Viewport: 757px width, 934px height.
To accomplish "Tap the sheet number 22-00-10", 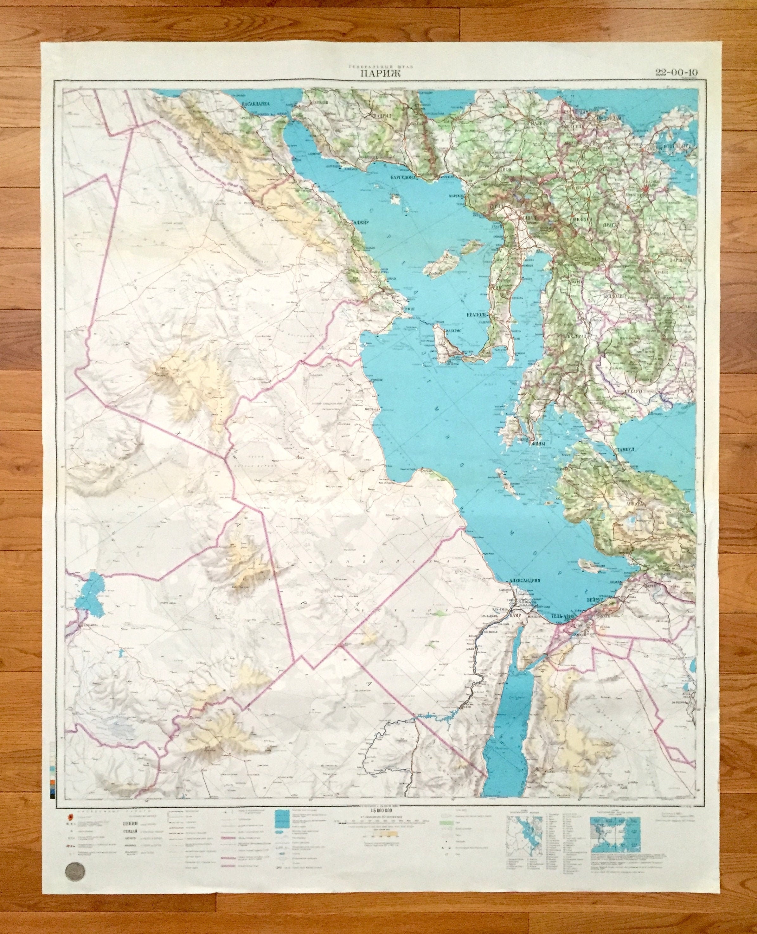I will click(x=676, y=72).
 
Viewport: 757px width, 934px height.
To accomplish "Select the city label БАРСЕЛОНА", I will click(x=404, y=178).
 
